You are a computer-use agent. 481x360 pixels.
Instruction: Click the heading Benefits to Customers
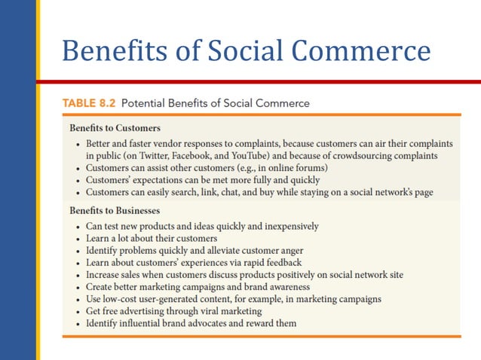115,127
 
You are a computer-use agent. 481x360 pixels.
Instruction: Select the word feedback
281,263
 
